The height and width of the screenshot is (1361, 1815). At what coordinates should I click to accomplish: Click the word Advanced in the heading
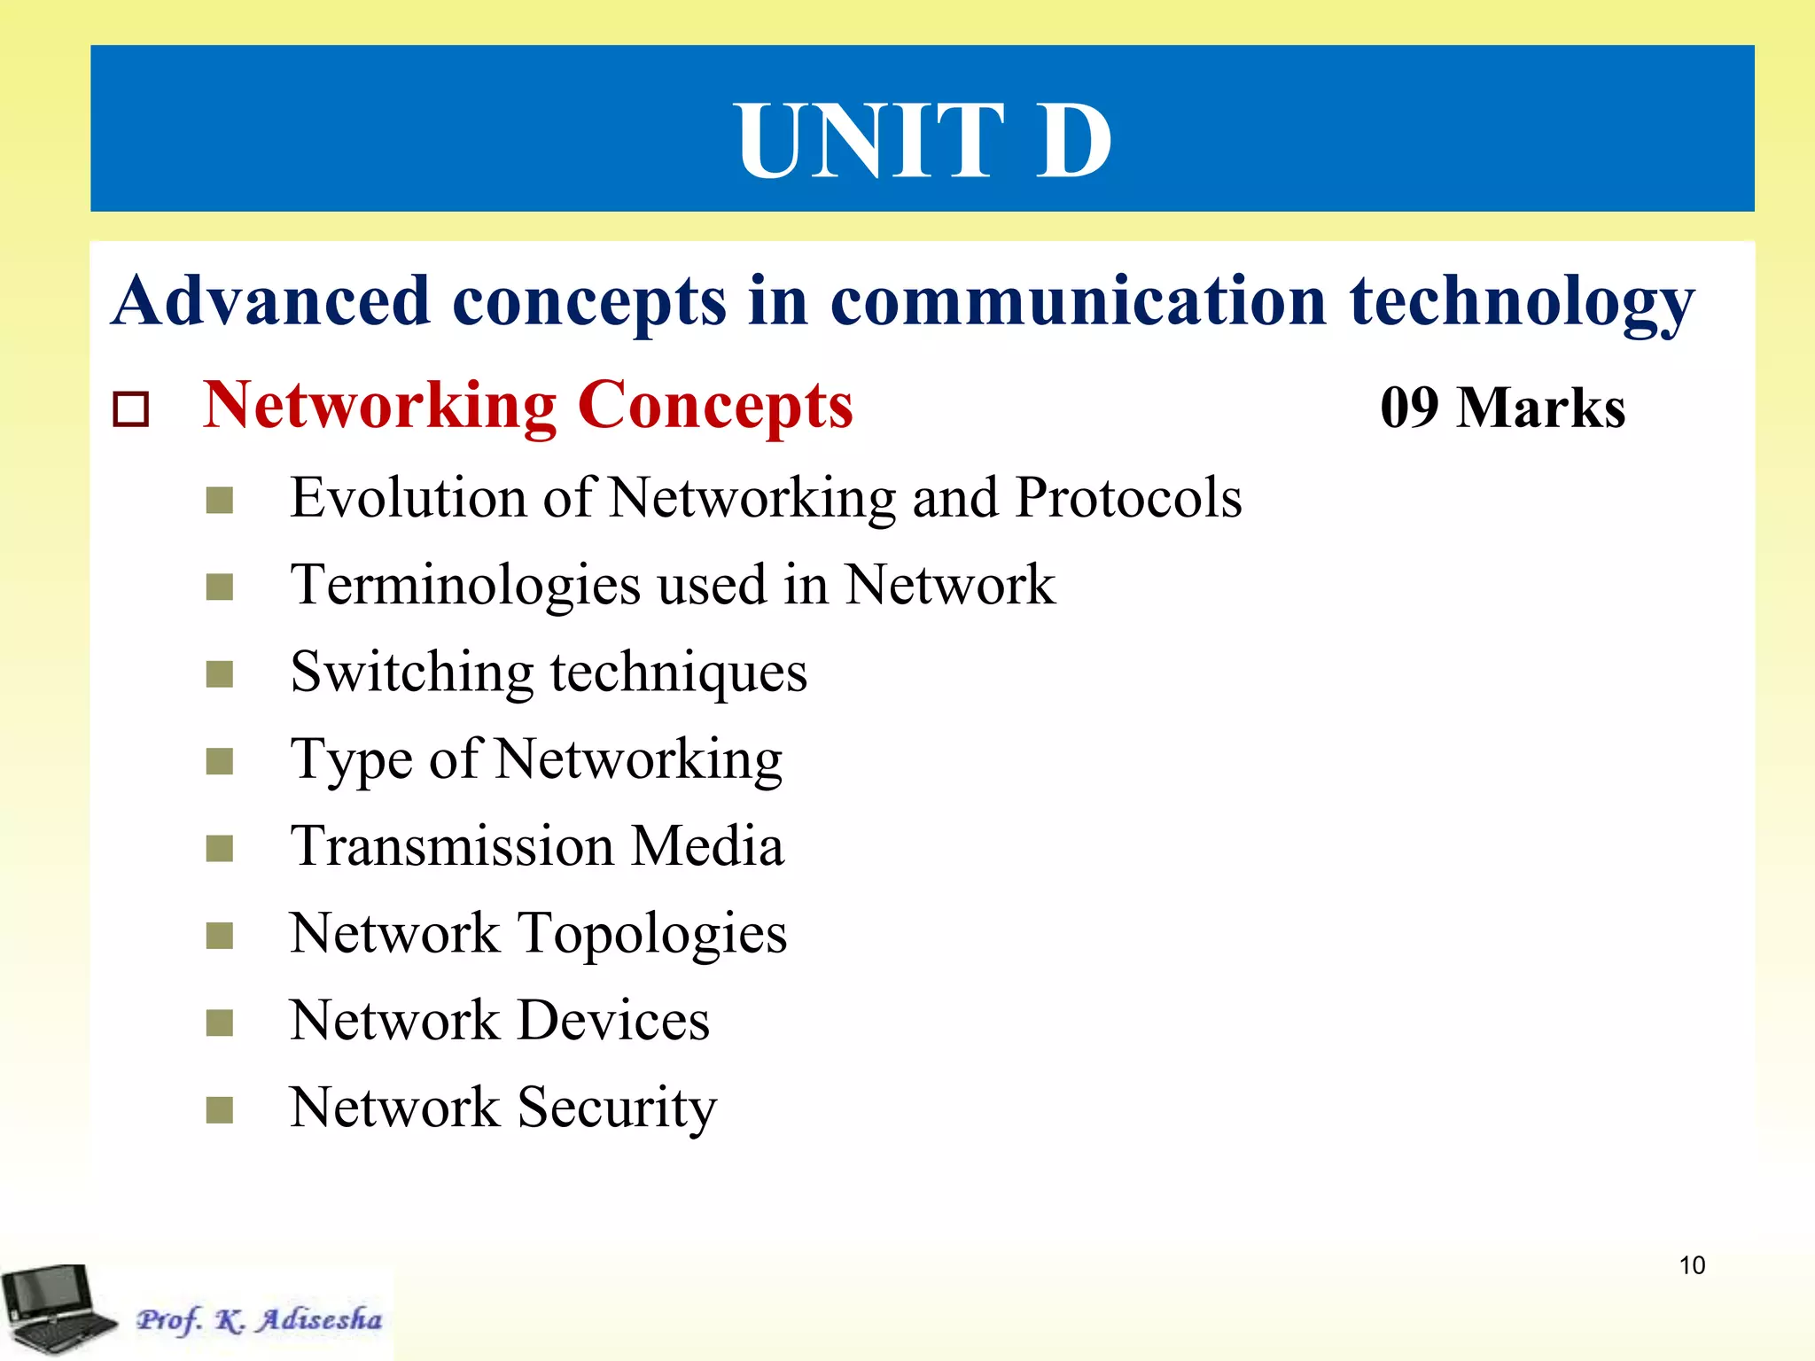coord(271,301)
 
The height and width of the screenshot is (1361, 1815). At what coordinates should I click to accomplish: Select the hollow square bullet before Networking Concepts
coord(131,408)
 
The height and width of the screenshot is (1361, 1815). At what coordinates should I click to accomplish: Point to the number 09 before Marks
coord(1409,408)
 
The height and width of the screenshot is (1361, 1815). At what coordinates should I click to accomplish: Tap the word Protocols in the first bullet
coord(1128,497)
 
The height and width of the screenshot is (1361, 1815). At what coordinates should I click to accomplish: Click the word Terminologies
coord(466,586)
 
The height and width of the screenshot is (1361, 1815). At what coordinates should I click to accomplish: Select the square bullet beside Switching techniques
coord(219,674)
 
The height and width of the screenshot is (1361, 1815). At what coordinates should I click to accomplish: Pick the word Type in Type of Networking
coord(352,760)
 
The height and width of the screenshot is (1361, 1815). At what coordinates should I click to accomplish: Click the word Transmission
coord(452,845)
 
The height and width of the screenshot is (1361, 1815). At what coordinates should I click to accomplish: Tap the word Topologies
coord(652,934)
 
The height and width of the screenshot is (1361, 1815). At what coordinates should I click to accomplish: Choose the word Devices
coord(613,1020)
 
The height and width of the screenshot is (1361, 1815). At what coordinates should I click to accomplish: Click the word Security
coord(617,1108)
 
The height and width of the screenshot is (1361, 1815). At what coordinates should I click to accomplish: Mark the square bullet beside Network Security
coord(219,1109)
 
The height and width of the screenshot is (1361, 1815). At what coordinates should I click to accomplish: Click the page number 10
coord(1692,1265)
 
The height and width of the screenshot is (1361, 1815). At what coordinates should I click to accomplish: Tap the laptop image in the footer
coord(55,1309)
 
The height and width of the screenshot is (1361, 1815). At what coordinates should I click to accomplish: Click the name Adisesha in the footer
coord(320,1319)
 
